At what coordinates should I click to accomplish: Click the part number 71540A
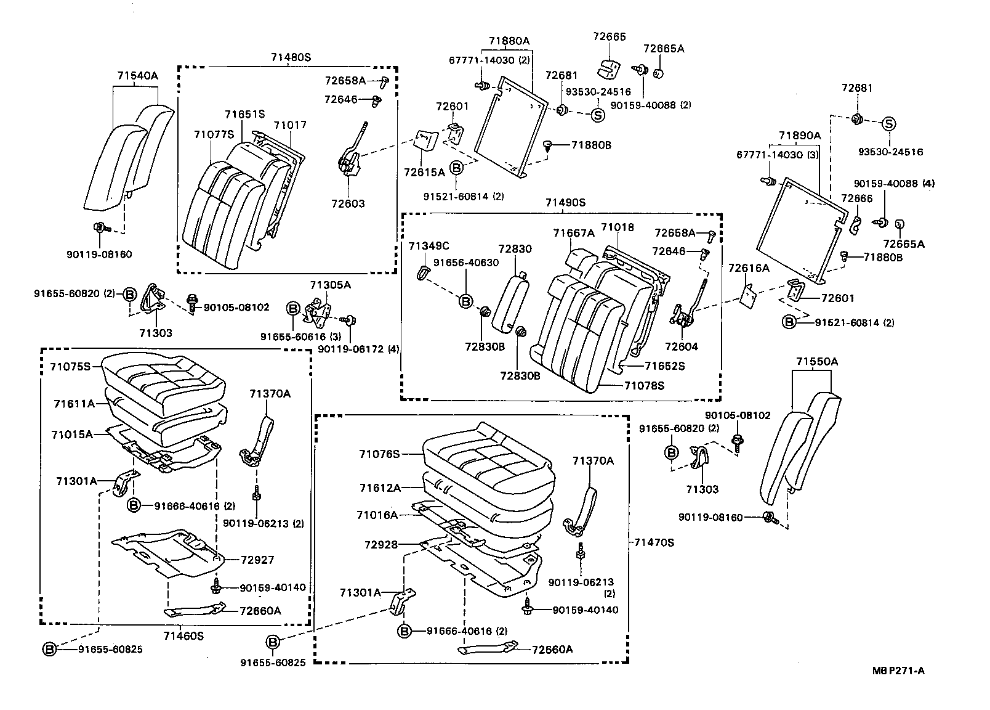pos(138,76)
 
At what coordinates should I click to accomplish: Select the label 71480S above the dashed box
pos(291,57)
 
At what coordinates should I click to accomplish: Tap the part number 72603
pos(349,203)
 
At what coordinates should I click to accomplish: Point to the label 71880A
pos(509,41)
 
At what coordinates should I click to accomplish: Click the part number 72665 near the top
pos(609,37)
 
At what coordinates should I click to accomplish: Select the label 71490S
pos(565,202)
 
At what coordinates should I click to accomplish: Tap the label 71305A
pos(331,285)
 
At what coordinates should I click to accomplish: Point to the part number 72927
pos(257,560)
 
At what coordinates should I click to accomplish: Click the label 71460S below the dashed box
pos(183,635)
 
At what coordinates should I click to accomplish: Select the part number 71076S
pos(380,454)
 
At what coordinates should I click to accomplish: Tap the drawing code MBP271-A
pos(898,671)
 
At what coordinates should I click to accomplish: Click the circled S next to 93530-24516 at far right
pos(889,124)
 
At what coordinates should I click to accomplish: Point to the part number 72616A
pos(749,268)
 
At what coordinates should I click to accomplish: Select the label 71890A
pos(800,136)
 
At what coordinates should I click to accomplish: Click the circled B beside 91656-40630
pos(466,301)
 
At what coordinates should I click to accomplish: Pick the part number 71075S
pos(70,366)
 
